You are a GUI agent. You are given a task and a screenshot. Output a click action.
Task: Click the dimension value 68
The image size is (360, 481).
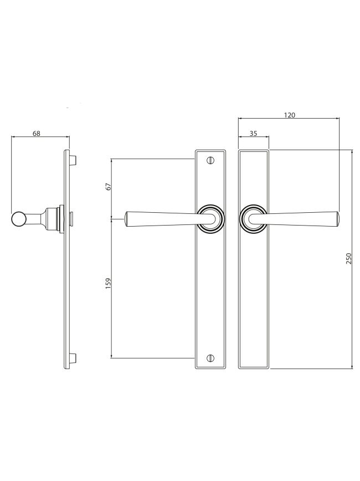tap(37, 134)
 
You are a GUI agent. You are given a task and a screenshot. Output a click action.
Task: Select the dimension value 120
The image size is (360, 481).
tap(290, 115)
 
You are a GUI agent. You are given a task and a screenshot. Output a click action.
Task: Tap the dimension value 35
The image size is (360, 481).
tap(253, 134)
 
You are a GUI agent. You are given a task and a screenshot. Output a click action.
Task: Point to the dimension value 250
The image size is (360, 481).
tap(348, 259)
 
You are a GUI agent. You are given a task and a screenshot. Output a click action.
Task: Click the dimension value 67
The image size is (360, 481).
tap(108, 187)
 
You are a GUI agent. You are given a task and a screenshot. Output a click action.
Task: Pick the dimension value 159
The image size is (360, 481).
tap(108, 284)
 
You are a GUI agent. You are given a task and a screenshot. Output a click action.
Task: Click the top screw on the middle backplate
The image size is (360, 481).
tap(210, 160)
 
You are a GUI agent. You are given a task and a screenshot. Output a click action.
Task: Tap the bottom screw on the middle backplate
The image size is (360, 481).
tap(210, 357)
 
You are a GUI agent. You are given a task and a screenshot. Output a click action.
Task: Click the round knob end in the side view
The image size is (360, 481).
tap(18, 219)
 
